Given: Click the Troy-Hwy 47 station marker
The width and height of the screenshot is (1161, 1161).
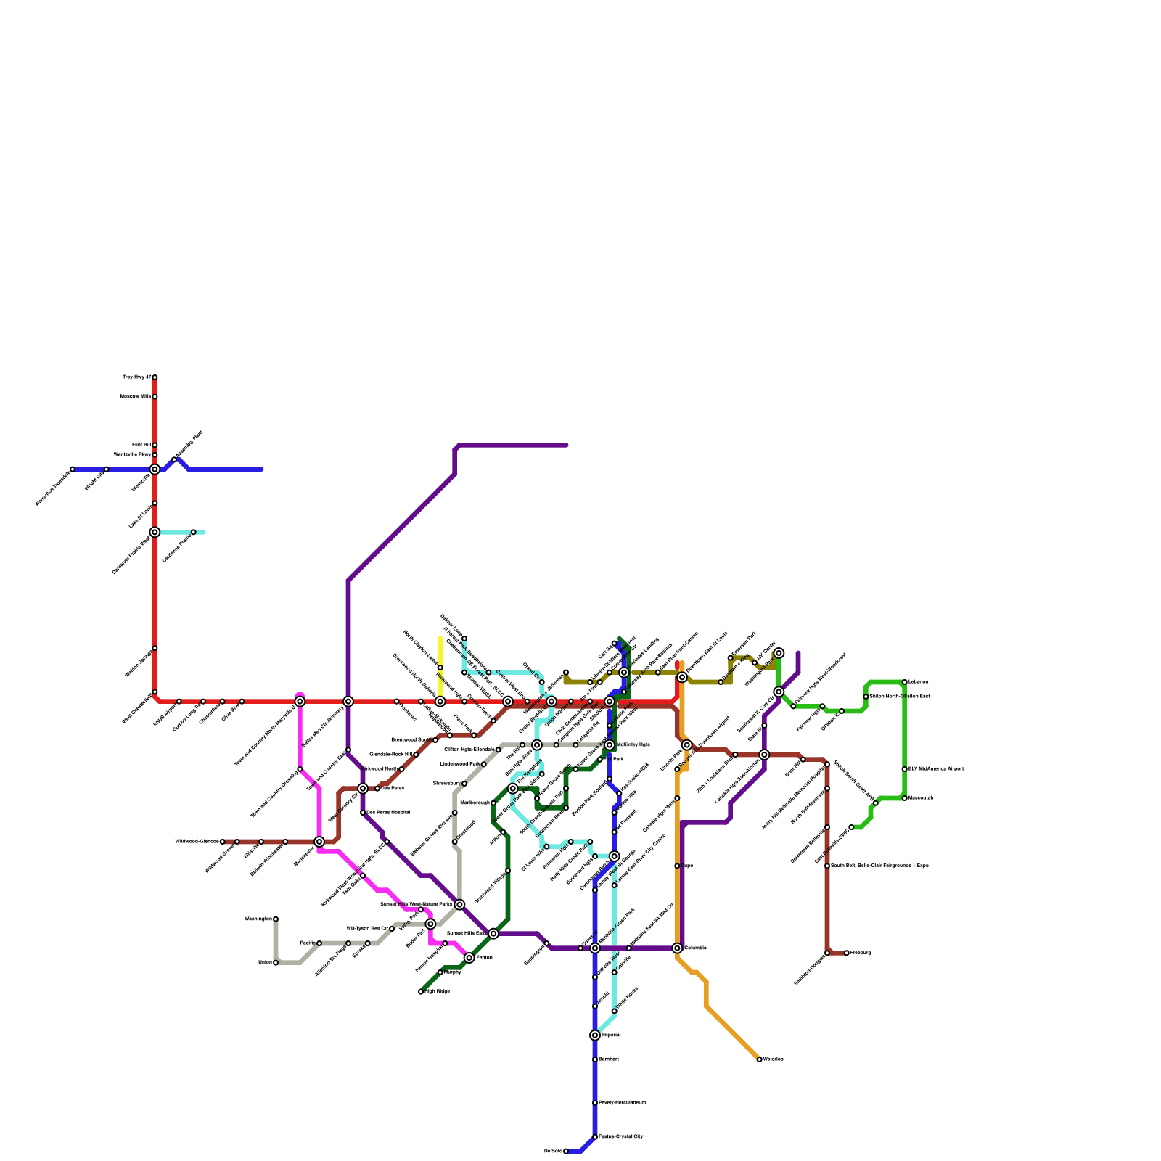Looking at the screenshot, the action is tap(155, 377).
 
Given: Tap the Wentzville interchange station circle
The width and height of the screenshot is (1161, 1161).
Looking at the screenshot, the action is tap(155, 469).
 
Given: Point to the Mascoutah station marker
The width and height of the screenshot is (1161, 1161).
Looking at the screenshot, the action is tap(905, 798).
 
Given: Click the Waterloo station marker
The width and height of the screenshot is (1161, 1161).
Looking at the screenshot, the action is tap(760, 1059).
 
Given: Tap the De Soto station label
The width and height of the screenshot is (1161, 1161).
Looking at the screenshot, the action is tap(552, 1151).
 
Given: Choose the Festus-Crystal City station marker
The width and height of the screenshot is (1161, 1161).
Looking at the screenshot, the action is tap(595, 1136).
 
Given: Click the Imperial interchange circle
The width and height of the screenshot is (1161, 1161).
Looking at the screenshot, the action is tap(595, 1035).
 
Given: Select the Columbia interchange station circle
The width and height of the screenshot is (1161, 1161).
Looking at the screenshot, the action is tap(677, 948).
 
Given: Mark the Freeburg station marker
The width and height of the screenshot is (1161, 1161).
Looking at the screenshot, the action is tap(847, 953).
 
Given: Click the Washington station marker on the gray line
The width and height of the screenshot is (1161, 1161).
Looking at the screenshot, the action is tap(276, 919).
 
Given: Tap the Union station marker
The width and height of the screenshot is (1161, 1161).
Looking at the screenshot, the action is tap(276, 963).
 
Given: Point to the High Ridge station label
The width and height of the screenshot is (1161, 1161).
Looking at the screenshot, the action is tap(437, 991).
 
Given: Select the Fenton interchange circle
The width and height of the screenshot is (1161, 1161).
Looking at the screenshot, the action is tap(469, 958).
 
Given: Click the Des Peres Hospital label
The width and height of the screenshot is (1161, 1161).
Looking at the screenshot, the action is tap(388, 813).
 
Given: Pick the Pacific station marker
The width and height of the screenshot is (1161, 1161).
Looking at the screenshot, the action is tap(319, 943).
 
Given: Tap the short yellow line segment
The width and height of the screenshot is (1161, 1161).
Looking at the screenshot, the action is tap(440, 653).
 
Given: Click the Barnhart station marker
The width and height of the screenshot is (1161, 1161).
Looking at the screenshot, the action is tap(595, 1059).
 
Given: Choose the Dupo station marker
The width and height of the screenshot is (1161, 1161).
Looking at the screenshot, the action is tap(677, 866).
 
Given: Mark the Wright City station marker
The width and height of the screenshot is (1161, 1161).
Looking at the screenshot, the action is tap(107, 469).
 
